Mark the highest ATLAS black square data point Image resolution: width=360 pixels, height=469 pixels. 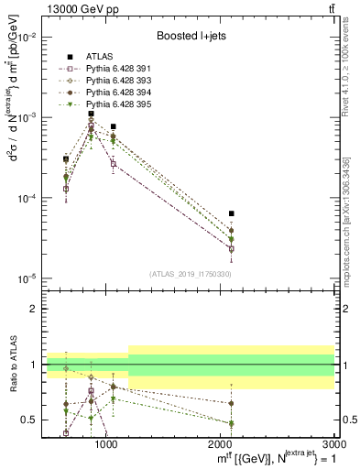91,114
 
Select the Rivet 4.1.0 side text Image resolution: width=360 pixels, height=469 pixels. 352,64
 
